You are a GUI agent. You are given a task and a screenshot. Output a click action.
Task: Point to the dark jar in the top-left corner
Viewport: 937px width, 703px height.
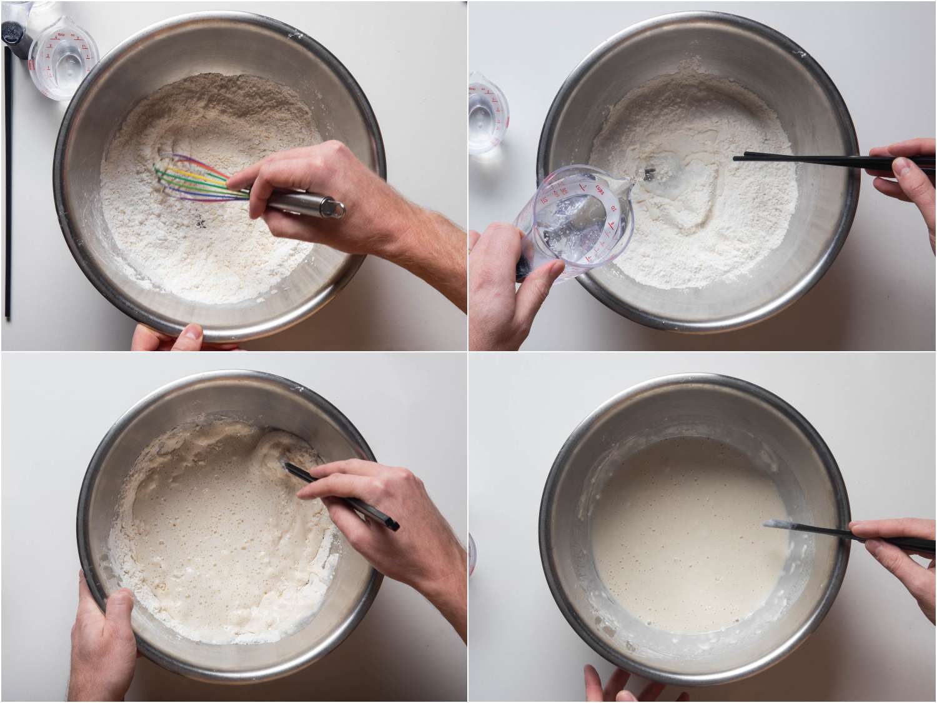[12, 25]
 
